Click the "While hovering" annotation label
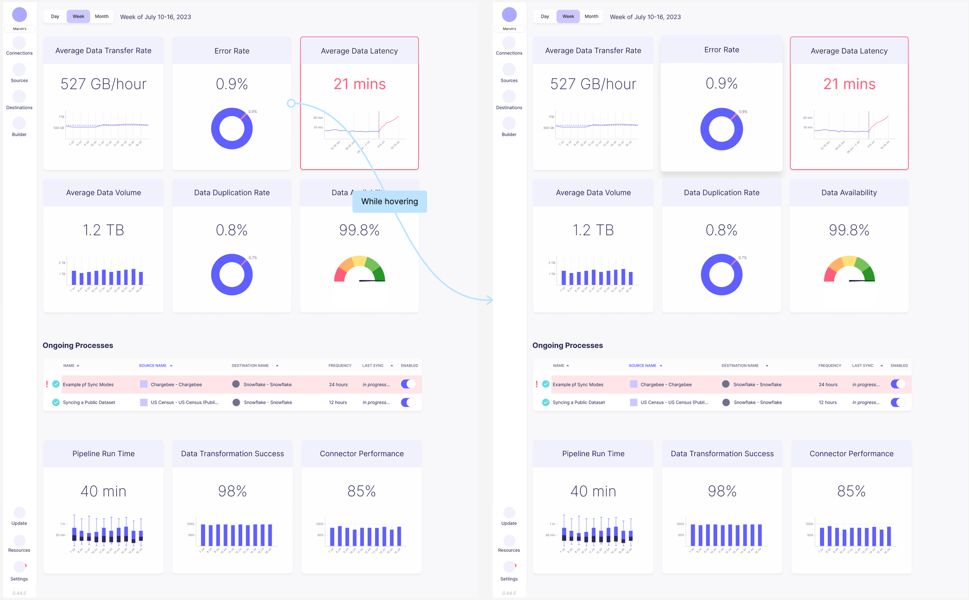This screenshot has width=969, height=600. (x=390, y=201)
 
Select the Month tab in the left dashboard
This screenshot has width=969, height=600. (x=102, y=17)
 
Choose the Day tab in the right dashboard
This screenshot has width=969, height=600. (x=545, y=17)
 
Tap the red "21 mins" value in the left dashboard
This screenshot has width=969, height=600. (x=359, y=84)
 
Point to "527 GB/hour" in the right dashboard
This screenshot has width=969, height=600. (x=593, y=84)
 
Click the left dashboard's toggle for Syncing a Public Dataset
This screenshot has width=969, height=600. (x=408, y=402)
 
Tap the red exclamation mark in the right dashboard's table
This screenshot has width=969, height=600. (x=537, y=384)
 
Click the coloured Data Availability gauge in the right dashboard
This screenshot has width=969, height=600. (x=849, y=270)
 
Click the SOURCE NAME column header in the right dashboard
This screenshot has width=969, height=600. (x=642, y=366)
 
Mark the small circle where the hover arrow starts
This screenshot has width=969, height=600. (x=291, y=103)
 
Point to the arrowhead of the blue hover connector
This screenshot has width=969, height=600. (x=490, y=300)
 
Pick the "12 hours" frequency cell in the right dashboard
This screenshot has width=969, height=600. (x=827, y=402)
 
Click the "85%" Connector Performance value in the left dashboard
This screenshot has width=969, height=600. (x=361, y=491)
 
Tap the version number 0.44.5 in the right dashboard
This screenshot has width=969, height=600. (x=509, y=593)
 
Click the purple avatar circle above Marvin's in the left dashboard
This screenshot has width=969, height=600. (x=19, y=15)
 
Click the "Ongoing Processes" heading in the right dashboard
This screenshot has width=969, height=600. (x=567, y=345)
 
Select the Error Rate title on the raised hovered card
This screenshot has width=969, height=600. (x=721, y=50)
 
